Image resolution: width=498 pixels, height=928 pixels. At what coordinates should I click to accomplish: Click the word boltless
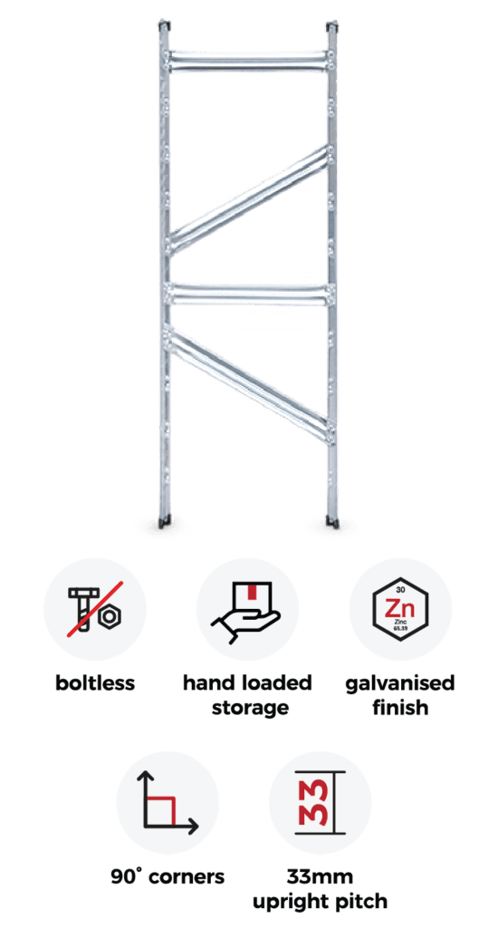pyautogui.click(x=95, y=683)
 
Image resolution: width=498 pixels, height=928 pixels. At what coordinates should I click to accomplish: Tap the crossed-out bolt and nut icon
pyautogui.click(x=95, y=609)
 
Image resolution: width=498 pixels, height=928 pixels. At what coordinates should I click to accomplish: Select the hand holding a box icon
pyautogui.click(x=247, y=609)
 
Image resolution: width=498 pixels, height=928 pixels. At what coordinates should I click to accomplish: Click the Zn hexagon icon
pyautogui.click(x=400, y=610)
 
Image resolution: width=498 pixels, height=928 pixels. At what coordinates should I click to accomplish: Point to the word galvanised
pyautogui.click(x=400, y=684)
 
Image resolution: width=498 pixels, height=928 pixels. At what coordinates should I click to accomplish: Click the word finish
pyautogui.click(x=400, y=707)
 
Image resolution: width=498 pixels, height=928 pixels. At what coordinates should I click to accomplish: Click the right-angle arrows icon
pyautogui.click(x=168, y=803)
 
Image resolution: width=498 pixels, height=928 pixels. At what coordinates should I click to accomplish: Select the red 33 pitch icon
pyautogui.click(x=321, y=803)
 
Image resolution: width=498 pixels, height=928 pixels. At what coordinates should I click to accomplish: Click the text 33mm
pyautogui.click(x=320, y=875)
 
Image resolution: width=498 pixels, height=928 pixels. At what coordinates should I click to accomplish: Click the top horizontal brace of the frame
pyautogui.click(x=248, y=62)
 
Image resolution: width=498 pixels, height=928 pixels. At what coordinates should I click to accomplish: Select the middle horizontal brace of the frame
pyautogui.click(x=248, y=295)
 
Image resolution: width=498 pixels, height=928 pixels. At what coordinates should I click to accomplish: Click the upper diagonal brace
pyautogui.click(x=248, y=199)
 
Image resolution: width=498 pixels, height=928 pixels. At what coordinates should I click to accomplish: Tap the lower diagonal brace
pyautogui.click(x=248, y=384)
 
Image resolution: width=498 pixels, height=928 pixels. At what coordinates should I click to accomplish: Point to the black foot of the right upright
pyautogui.click(x=333, y=521)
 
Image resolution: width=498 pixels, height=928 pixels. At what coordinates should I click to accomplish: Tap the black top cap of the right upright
pyautogui.click(x=332, y=25)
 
